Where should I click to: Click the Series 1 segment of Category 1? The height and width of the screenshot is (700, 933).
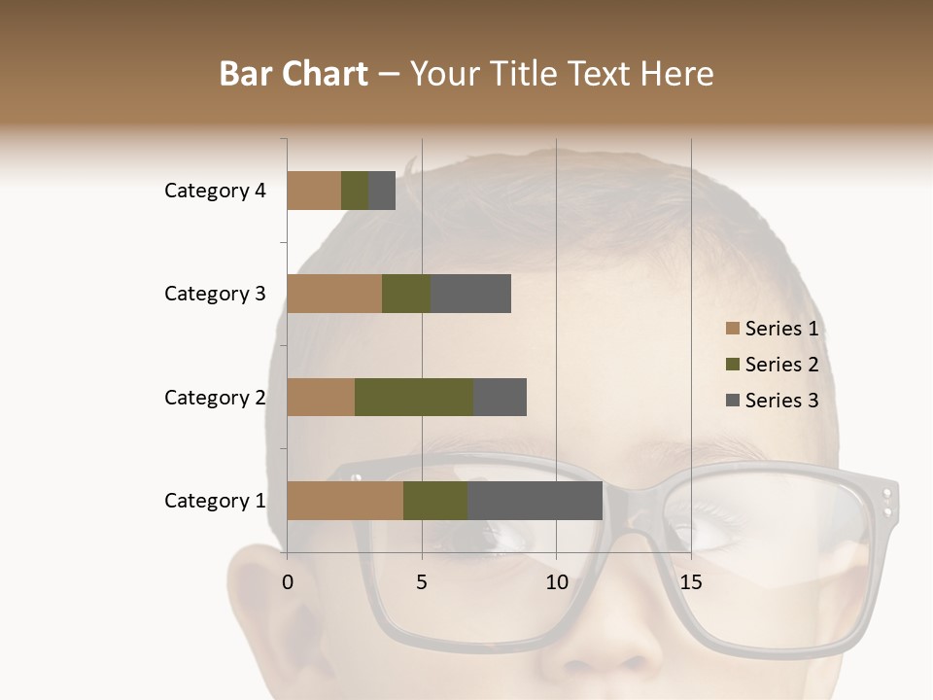[345, 501]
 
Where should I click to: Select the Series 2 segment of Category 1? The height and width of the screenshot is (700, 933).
[435, 501]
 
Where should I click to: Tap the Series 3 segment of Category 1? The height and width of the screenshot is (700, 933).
[535, 501]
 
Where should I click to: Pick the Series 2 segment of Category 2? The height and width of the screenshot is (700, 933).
[414, 397]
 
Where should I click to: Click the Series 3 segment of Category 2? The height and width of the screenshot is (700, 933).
[500, 397]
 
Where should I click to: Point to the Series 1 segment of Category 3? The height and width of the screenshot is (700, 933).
[334, 294]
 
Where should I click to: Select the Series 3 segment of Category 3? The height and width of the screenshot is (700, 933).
[470, 294]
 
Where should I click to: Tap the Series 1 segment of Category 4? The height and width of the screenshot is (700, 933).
[314, 191]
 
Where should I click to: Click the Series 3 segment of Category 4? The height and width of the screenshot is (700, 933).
[382, 191]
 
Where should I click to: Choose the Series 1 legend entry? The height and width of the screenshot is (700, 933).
[773, 329]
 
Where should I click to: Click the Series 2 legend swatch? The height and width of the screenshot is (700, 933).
[733, 365]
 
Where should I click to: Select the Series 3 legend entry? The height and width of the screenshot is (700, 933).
[773, 401]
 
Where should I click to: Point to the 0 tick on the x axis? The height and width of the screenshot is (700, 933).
[288, 582]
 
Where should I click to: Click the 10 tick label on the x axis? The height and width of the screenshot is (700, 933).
[556, 582]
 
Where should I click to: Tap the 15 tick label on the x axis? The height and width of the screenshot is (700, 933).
[691, 582]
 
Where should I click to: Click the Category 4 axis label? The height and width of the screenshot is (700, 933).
[215, 191]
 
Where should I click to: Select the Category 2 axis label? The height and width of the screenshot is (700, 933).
[215, 397]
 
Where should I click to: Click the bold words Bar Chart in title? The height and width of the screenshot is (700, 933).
[294, 74]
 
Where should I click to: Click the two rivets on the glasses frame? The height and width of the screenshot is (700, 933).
[886, 503]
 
